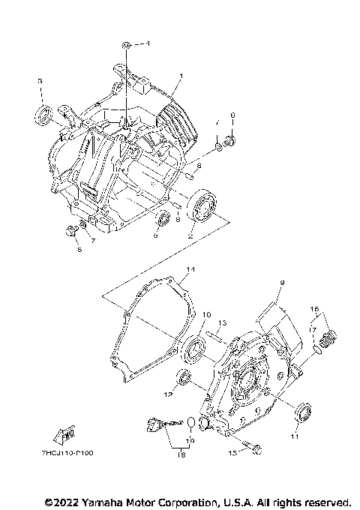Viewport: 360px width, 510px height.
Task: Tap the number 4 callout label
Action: (x=148, y=44)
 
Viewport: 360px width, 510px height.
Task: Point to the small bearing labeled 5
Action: (x=162, y=220)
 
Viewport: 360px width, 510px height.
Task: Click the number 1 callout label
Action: (x=180, y=77)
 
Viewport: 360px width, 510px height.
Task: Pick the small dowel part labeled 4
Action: (x=128, y=46)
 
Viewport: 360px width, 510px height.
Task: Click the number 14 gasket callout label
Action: (x=190, y=269)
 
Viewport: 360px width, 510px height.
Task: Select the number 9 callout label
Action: (x=283, y=283)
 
